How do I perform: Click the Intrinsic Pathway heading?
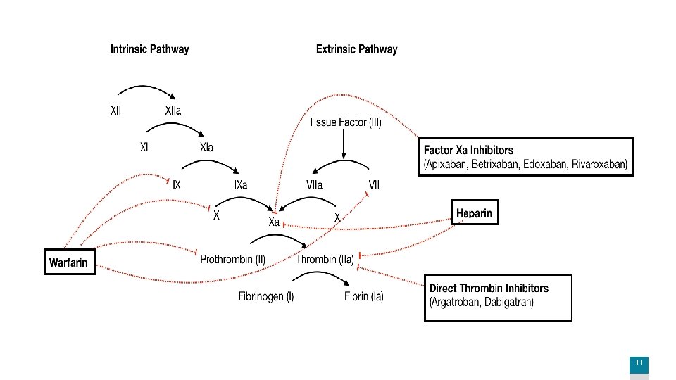point(149,49)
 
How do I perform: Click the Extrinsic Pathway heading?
point(356,49)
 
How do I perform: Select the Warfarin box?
point(69,262)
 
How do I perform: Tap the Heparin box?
point(475,213)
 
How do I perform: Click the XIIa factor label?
point(173,110)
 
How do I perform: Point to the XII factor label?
point(116,110)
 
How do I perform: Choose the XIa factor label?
point(206,148)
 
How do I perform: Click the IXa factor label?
point(240,185)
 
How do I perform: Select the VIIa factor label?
point(314,185)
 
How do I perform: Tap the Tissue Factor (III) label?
point(345,122)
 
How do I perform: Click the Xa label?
point(275,222)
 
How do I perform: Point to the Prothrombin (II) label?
point(233,260)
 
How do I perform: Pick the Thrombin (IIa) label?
point(325,260)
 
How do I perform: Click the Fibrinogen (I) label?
point(266,297)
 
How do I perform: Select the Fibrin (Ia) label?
point(364,297)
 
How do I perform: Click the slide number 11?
point(639,363)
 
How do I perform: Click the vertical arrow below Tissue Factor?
point(344,144)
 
